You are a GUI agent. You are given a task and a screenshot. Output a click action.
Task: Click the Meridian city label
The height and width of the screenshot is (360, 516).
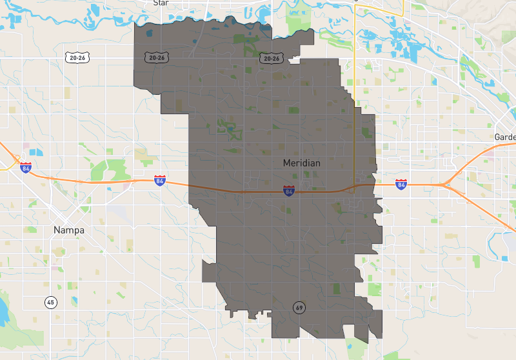[x=301, y=163]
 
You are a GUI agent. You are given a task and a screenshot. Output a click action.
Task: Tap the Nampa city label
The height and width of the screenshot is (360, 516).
[x=69, y=230]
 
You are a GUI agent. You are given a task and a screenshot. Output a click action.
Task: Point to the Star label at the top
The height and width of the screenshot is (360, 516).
[x=160, y=3]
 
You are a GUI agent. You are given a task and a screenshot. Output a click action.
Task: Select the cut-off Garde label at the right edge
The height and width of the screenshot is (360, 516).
[x=505, y=137]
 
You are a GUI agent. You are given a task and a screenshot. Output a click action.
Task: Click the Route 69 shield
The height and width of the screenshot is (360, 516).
[x=299, y=307]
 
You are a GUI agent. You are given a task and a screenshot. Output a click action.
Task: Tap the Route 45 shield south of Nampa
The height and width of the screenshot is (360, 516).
[x=50, y=302]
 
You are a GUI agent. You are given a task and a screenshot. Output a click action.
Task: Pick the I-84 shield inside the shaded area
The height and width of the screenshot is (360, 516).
[x=289, y=191]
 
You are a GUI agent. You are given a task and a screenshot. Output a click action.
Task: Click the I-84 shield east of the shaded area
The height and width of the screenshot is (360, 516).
[x=401, y=185]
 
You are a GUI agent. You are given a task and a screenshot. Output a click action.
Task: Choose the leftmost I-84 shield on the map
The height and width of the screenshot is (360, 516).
[x=26, y=168]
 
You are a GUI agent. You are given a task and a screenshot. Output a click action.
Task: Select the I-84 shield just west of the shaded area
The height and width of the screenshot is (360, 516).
[x=159, y=181]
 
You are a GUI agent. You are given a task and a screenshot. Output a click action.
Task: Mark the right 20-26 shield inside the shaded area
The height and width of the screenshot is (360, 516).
[x=271, y=59]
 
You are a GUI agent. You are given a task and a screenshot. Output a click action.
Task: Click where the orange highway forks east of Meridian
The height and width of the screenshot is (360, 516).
[x=445, y=185]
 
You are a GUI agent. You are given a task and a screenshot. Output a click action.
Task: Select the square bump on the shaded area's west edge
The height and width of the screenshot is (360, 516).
[x=209, y=272]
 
